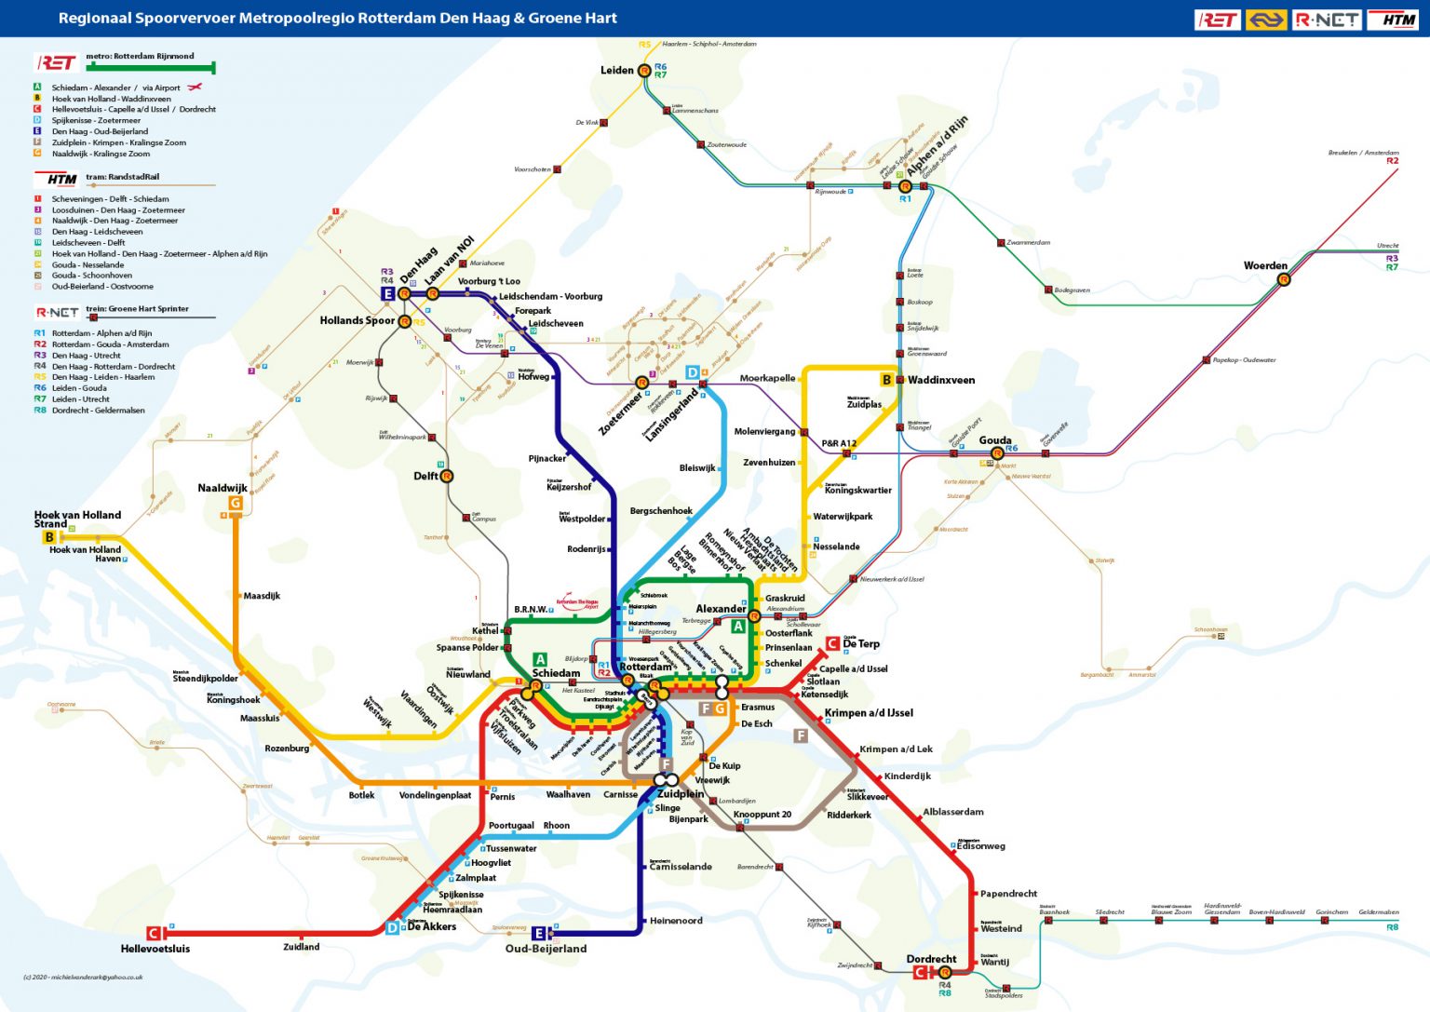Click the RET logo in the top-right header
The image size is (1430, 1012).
point(1218,20)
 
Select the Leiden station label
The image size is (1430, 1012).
point(616,70)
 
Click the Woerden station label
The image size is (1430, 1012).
point(1265,265)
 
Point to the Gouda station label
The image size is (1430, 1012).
point(994,440)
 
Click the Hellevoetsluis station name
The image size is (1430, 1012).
point(155,949)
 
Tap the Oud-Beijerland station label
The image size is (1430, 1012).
point(546,949)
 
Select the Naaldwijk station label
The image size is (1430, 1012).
point(223,488)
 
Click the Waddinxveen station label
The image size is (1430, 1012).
point(941,380)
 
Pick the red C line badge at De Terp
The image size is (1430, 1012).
point(832,643)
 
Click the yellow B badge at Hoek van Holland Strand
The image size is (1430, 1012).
point(49,537)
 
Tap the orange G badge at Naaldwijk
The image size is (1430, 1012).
point(236,504)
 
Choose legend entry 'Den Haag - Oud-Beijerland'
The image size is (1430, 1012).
point(100,131)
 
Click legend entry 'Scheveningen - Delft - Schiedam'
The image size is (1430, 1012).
point(110,199)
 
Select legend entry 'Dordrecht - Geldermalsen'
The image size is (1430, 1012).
point(98,410)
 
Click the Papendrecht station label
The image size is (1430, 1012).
point(1008,894)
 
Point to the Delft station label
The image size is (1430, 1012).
point(425,476)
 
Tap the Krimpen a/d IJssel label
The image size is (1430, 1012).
point(869,713)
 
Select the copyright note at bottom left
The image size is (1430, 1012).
point(83,977)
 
